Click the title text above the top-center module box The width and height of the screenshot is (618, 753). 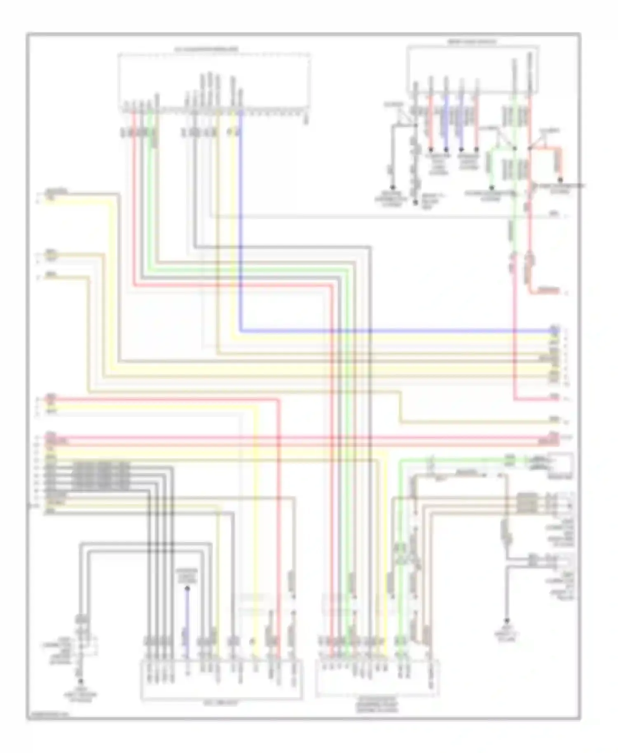(x=206, y=49)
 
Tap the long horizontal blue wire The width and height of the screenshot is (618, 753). (x=396, y=330)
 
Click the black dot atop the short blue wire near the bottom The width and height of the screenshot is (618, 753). (x=187, y=589)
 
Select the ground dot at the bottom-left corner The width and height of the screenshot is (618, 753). (x=81, y=681)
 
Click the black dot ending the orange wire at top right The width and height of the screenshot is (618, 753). (x=560, y=180)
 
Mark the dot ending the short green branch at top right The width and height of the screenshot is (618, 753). (x=491, y=187)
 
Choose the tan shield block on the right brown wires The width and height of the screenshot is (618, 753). (x=527, y=503)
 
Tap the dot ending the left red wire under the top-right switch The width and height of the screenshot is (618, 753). (x=431, y=149)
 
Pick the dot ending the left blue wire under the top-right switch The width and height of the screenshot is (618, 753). (x=446, y=149)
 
